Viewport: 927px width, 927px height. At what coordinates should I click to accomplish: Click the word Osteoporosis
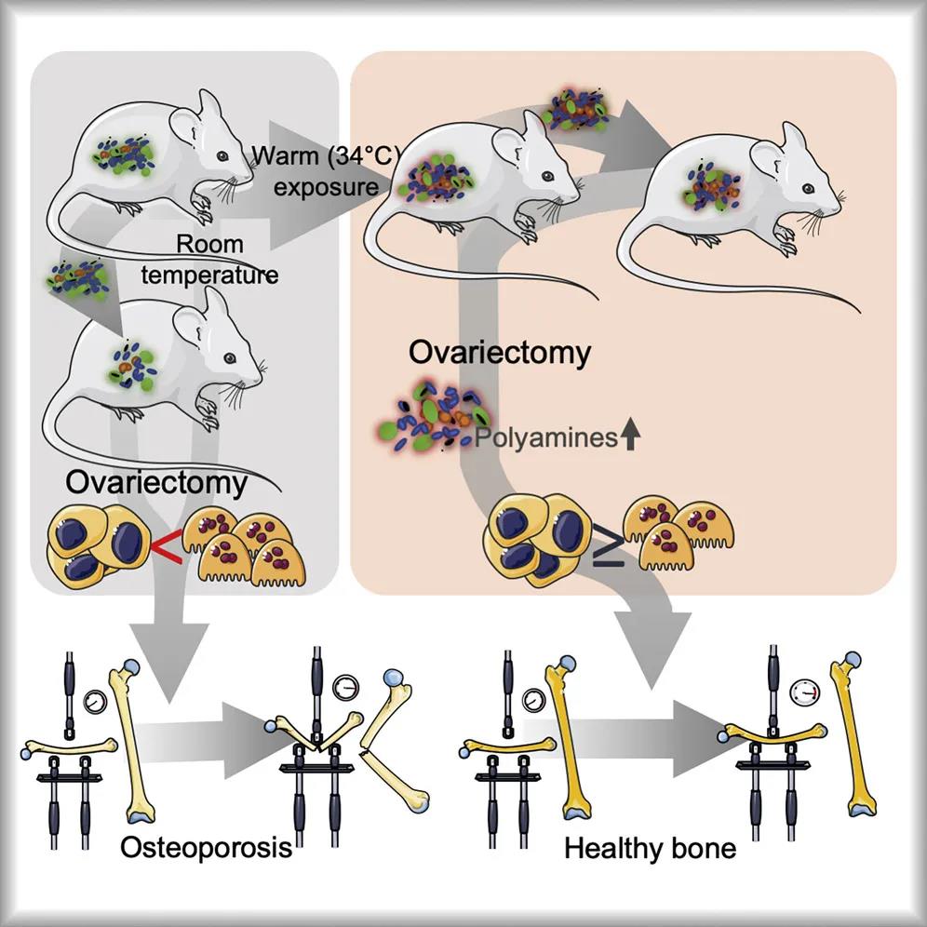[x=206, y=848]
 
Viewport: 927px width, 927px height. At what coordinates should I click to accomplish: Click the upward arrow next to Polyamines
[x=631, y=437]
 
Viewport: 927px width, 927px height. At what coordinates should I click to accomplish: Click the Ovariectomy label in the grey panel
[x=156, y=483]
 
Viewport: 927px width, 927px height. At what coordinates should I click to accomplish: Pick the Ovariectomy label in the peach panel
[x=500, y=354]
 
